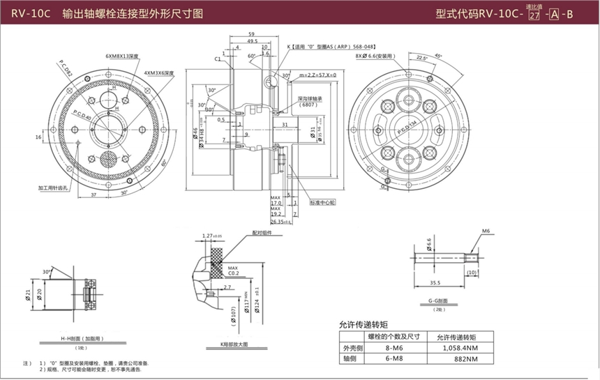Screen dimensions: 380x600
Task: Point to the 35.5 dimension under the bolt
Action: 435,283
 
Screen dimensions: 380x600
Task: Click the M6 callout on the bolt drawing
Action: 486,231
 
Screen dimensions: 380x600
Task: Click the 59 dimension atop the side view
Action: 252,34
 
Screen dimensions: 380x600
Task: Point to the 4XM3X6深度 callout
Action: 160,72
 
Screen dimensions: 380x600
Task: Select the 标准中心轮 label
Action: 323,202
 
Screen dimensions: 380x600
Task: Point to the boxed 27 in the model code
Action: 534,15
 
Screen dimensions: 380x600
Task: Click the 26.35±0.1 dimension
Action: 282,222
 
